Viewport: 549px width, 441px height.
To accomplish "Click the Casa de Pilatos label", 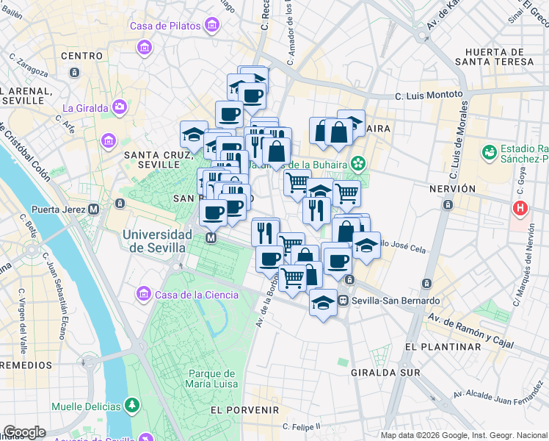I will [x=165, y=26].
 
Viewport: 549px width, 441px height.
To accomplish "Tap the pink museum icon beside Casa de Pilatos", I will [x=213, y=26].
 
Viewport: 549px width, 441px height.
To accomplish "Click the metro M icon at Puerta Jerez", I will [x=93, y=209].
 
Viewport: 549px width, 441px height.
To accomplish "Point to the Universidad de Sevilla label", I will [x=158, y=241].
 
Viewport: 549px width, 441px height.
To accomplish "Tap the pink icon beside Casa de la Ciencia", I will [x=143, y=295].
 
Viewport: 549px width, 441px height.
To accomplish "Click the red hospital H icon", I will [x=521, y=209].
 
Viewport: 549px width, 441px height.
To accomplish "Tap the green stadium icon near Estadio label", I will [x=489, y=151].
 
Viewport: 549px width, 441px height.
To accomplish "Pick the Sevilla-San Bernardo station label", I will [x=396, y=301].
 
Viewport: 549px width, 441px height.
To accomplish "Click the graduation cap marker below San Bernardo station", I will [x=322, y=303].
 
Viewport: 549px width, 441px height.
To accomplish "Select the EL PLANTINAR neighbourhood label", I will [x=442, y=346].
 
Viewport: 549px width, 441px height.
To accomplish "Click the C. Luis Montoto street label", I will [x=429, y=95].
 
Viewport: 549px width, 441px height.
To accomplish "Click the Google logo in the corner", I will [x=24, y=432].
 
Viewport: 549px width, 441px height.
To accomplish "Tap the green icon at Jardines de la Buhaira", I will [x=358, y=162].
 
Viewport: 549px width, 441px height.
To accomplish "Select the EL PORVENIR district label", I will [x=244, y=409].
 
